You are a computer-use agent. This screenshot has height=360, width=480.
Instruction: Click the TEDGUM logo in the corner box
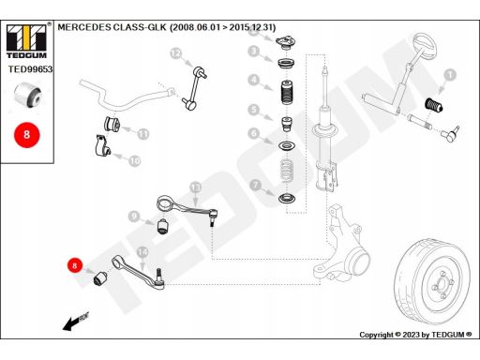26,41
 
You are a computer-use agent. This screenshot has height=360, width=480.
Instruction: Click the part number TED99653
30,69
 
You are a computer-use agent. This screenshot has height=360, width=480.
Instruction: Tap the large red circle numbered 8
27,135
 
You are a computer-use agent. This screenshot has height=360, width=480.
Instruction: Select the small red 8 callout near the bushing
74,265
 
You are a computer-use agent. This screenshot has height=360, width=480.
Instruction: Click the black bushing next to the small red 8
100,278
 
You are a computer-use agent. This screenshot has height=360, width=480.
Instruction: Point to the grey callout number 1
450,75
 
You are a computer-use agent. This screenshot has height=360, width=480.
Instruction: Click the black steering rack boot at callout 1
434,105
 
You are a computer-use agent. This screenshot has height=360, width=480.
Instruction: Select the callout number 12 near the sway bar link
176,53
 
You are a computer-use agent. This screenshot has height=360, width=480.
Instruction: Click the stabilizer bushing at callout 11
112,124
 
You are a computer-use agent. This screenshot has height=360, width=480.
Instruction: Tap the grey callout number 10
135,161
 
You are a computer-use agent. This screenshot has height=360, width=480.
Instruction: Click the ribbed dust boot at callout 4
288,93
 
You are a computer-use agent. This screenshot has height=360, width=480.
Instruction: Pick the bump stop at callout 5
287,124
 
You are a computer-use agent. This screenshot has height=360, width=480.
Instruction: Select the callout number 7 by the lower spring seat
256,185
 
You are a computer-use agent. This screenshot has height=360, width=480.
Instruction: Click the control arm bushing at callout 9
162,226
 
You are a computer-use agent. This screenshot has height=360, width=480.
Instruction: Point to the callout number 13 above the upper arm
196,187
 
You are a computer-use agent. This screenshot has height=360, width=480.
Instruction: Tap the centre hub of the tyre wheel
442,285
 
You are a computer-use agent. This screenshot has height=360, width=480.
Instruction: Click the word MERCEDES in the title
84,27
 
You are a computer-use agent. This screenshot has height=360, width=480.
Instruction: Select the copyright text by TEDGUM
415,335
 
